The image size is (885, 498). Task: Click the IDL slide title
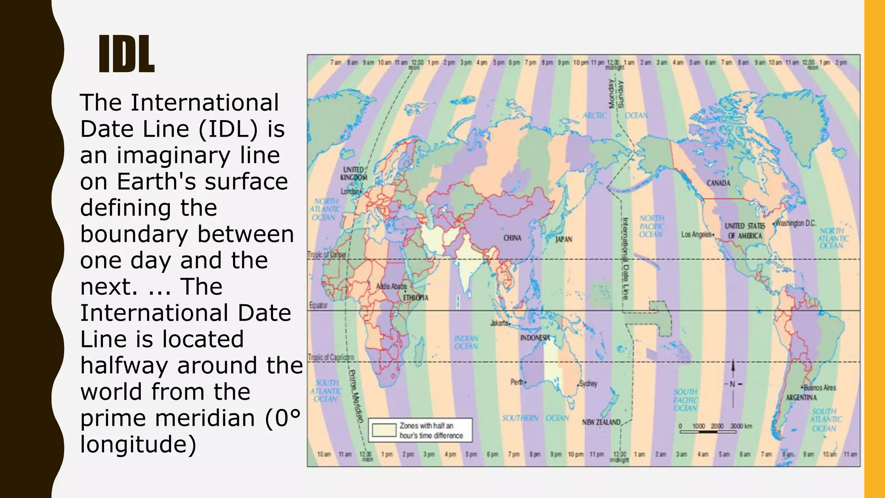click(x=126, y=54)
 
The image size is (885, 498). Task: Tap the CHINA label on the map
click(x=512, y=238)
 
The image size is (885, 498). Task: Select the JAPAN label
click(x=563, y=239)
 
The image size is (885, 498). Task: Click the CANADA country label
click(x=718, y=183)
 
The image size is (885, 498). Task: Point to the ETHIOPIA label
click(x=415, y=297)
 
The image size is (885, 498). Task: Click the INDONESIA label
click(x=535, y=338)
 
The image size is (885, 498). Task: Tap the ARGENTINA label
click(x=801, y=397)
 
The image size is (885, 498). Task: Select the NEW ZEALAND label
click(x=601, y=422)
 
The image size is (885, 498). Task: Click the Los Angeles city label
click(x=697, y=234)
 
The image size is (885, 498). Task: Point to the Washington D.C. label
click(x=795, y=223)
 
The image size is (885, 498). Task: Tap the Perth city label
click(x=517, y=382)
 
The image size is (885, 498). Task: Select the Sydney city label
click(x=588, y=383)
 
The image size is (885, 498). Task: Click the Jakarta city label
click(x=499, y=323)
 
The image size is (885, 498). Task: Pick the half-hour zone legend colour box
click(x=384, y=430)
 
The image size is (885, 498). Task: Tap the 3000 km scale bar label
click(x=741, y=426)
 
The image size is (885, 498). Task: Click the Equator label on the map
click(x=318, y=305)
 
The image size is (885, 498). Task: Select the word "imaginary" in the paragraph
click(x=174, y=156)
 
